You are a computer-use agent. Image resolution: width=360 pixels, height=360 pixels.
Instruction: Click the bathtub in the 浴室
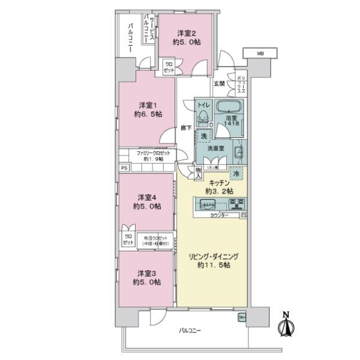coord(229,109)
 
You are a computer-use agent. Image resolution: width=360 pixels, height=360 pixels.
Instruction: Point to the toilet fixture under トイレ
coord(203,116)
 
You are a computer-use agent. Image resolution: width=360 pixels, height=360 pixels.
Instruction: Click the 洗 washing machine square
coord(204,136)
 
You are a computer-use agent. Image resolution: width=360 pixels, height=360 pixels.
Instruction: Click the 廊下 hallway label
coord(186,127)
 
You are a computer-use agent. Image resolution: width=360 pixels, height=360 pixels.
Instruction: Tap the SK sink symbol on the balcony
coord(242,317)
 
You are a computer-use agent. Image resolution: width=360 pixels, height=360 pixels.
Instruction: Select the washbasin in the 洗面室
coord(237,152)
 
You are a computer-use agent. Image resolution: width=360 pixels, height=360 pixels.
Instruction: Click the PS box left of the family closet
coord(124,168)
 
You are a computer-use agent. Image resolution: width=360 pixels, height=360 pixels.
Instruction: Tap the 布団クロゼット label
coord(154,241)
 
